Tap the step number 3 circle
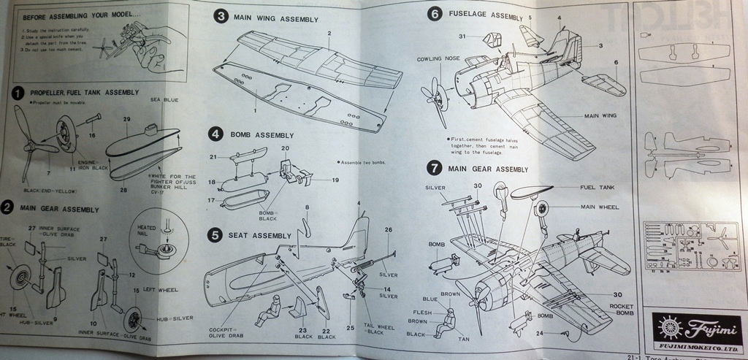click(x=219, y=16)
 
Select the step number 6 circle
click(x=435, y=14)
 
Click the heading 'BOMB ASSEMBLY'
click(x=262, y=135)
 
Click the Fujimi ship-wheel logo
click(x=668, y=325)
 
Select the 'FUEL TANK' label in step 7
click(x=598, y=187)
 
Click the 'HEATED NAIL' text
click(x=148, y=231)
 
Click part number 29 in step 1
click(x=127, y=118)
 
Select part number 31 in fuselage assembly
click(x=462, y=36)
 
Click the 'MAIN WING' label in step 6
click(x=600, y=115)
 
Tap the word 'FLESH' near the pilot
click(x=422, y=312)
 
